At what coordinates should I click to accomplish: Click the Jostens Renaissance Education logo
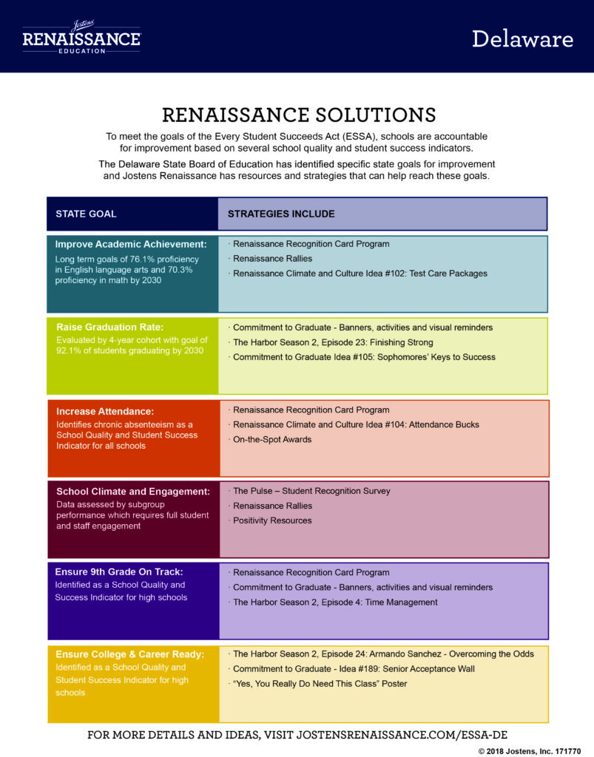pos(81,37)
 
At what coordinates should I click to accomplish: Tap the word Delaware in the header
pos(522,39)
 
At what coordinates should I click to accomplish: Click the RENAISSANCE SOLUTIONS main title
pos(299,115)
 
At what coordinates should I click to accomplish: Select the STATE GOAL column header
pos(86,214)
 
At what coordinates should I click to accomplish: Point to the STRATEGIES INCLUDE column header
pos(281,214)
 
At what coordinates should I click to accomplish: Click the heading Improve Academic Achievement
pos(131,244)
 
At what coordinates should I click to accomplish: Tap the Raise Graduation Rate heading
pos(110,327)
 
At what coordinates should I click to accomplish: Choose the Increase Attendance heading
pos(105,411)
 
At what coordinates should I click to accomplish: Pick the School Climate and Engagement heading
pos(133,492)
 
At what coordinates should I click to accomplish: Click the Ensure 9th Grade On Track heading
pos(119,572)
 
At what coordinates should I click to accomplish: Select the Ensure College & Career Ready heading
pos(130,654)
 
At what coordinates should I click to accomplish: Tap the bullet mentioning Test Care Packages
pos(360,274)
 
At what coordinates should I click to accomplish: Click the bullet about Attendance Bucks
pos(356,424)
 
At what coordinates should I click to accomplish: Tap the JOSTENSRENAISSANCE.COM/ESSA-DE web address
pos(402,736)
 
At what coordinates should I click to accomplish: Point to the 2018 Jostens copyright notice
pos(530,751)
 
